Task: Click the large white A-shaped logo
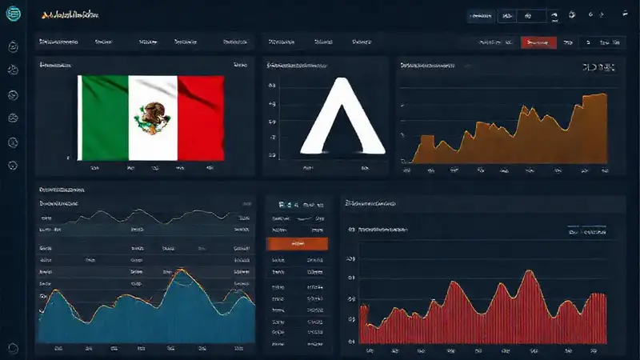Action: coord(342,118)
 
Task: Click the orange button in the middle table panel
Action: coord(296,242)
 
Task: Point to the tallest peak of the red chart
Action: coord(529,274)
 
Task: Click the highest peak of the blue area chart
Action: coord(185,271)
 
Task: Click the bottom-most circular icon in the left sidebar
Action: coord(13,348)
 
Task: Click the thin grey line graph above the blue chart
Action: coord(144,214)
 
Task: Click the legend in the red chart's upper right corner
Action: coord(586,231)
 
